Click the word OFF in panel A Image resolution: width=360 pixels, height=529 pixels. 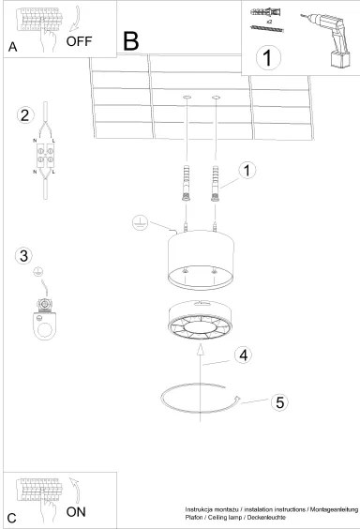click(81, 41)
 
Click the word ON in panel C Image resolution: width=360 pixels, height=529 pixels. click(77, 511)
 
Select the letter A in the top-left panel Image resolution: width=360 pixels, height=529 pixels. click(12, 46)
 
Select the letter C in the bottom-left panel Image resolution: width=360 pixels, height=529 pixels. click(12, 517)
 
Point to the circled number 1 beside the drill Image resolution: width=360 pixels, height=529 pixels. click(267, 57)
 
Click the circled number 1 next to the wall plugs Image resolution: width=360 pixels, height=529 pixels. click(247, 171)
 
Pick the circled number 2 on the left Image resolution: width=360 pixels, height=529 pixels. click(25, 116)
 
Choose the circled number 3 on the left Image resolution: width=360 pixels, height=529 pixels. click(25, 254)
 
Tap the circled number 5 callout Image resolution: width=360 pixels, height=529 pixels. click(278, 402)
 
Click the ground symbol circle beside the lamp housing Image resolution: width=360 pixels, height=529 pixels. click(137, 222)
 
